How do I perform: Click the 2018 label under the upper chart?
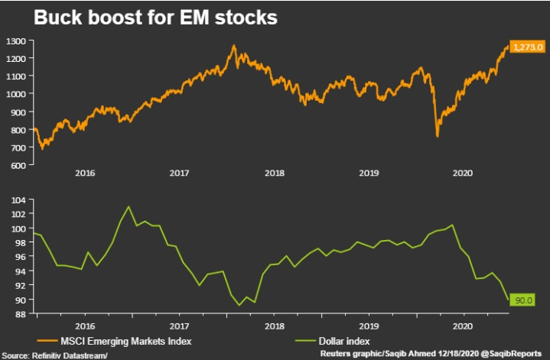(x=274, y=174)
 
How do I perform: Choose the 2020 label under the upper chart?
(x=464, y=174)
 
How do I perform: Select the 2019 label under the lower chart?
(x=369, y=325)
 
